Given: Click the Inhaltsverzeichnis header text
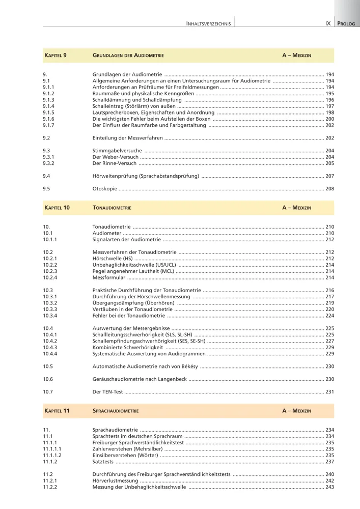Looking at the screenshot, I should [209, 23].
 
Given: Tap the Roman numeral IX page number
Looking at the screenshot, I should [328, 23].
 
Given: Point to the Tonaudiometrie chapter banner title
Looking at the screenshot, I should [112, 208].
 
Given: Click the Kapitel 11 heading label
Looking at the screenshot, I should [57, 410].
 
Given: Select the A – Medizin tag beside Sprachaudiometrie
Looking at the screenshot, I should [296, 410].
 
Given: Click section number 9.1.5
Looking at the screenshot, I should [49, 112].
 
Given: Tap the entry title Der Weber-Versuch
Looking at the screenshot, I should [114, 157].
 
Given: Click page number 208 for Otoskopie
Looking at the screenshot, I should [329, 189].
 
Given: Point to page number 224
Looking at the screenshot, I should [329, 316].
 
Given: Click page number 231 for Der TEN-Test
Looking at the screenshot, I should [329, 391].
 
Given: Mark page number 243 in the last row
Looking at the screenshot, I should [329, 487].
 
